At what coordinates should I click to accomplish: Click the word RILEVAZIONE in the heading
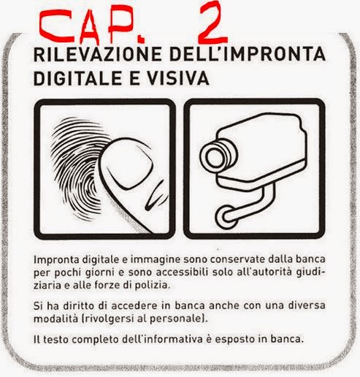point(98,54)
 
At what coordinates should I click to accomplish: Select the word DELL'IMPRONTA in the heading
point(248,54)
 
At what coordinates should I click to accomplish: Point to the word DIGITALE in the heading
point(77,78)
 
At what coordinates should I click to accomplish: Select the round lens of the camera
point(215,156)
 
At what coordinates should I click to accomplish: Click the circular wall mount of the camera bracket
point(226,217)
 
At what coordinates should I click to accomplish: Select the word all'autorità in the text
point(264,272)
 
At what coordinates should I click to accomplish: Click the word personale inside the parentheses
point(177,319)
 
